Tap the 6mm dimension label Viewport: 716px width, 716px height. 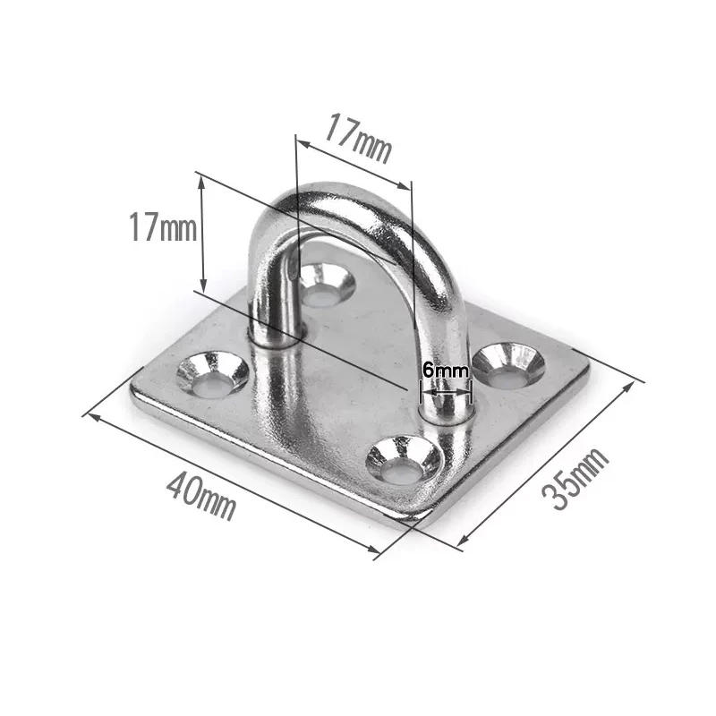coord(445,369)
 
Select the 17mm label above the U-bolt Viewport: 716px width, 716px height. coord(358,139)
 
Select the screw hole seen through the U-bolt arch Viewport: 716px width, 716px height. coord(326,283)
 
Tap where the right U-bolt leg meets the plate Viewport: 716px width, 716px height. coord(445,413)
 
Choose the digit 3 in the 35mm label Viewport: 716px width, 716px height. coord(560,498)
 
